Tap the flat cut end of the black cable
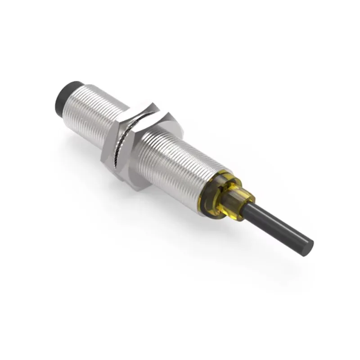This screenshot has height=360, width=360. pos(309,245)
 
